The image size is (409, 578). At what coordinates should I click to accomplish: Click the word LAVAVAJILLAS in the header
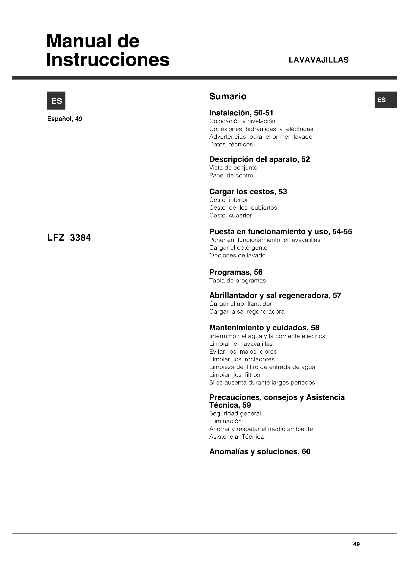point(318,60)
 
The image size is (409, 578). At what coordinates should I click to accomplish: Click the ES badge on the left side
point(56,101)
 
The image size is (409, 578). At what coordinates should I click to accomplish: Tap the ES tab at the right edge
point(385,100)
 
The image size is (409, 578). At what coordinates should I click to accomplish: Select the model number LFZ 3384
point(69,238)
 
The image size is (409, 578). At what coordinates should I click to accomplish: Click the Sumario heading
point(228,96)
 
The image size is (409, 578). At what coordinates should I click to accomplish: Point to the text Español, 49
point(65,119)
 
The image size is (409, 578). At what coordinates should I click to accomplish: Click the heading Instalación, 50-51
point(241,113)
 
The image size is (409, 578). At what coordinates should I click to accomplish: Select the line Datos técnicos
point(231,145)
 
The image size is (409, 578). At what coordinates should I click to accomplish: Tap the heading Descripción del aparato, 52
point(259,159)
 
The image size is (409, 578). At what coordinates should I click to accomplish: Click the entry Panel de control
point(232,175)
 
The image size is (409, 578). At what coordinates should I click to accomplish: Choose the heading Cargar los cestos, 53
point(248,192)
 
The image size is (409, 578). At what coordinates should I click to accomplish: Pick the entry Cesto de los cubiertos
point(243,208)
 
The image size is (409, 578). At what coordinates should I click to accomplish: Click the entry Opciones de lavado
point(237,256)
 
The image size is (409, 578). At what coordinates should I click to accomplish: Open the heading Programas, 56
point(236,272)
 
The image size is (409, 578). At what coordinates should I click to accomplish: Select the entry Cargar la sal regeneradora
point(247,312)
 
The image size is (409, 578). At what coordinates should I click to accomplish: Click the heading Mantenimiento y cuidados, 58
point(264,327)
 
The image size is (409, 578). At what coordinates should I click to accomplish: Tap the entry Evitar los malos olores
point(243,352)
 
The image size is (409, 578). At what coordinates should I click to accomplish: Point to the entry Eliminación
point(226,421)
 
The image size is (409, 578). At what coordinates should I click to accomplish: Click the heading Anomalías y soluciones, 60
point(260,452)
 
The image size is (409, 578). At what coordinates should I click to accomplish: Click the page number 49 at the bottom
point(356,544)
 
